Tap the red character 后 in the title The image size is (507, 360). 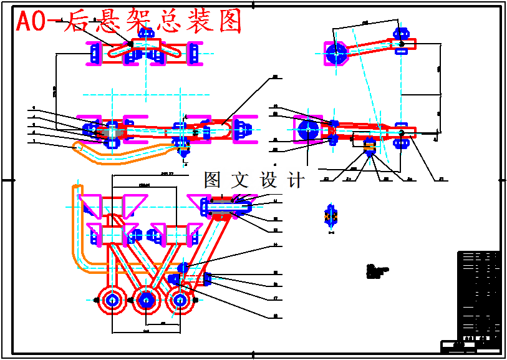point(78,22)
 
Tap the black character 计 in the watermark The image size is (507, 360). point(296,180)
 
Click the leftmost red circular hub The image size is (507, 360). point(113,300)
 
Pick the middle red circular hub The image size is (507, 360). point(147,300)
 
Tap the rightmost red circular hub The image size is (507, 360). point(180,300)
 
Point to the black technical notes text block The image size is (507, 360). point(377,271)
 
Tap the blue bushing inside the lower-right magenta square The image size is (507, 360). point(307,130)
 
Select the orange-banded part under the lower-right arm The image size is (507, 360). point(369,147)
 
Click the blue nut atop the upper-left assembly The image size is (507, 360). point(147,32)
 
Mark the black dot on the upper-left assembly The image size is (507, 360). point(130,43)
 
